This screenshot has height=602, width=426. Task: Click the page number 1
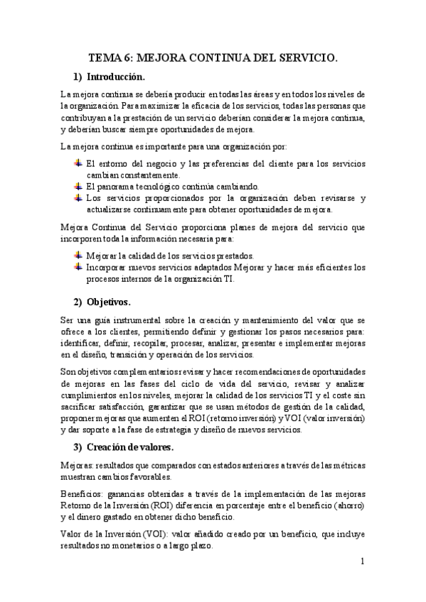[362, 562]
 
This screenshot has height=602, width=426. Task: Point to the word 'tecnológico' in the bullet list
[151, 187]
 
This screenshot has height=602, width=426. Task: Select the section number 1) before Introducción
[79, 77]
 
